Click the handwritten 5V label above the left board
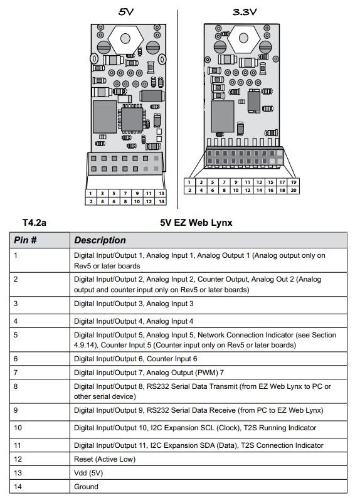tap(126, 12)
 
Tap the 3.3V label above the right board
tap(245, 12)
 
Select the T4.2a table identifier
tap(34, 222)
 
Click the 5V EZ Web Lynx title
tap(196, 222)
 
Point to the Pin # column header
tap(25, 240)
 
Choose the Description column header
tap(100, 240)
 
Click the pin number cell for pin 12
tap(40, 459)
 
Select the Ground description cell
tap(208, 487)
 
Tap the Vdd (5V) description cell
tap(208, 473)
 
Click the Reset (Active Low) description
tap(105, 459)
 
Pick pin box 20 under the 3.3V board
tap(294, 190)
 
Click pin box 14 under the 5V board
tap(161, 201)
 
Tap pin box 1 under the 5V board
tap(91, 193)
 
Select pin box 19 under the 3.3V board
tap(294, 183)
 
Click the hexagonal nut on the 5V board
tap(125, 39)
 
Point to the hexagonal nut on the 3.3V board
tap(243, 38)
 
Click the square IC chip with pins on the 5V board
tap(132, 120)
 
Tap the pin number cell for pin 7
tap(40, 372)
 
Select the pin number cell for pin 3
tap(40, 305)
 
